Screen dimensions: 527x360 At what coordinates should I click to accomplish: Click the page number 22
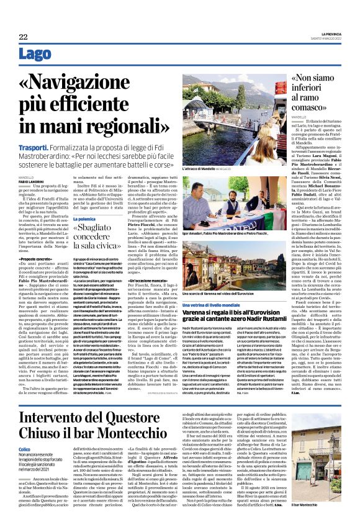pyautogui.click(x=24, y=38)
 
